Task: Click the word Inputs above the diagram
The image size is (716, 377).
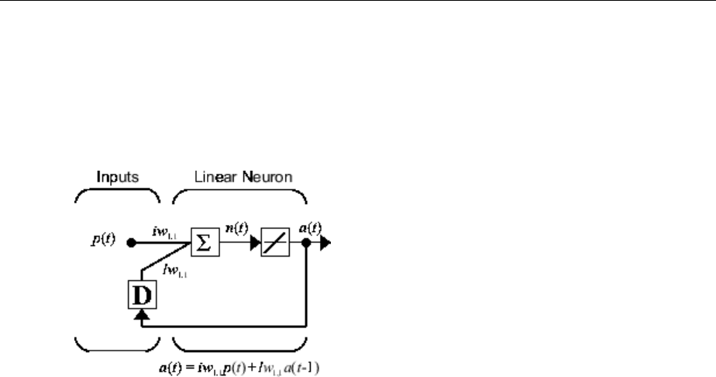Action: point(117,176)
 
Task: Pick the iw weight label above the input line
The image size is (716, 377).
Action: point(167,230)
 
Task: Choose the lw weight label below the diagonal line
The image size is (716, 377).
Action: point(174,269)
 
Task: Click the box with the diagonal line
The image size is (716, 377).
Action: point(274,242)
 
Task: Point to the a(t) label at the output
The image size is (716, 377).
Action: point(312,230)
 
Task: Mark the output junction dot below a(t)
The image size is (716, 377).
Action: point(308,242)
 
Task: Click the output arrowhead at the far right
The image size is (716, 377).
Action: point(325,242)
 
